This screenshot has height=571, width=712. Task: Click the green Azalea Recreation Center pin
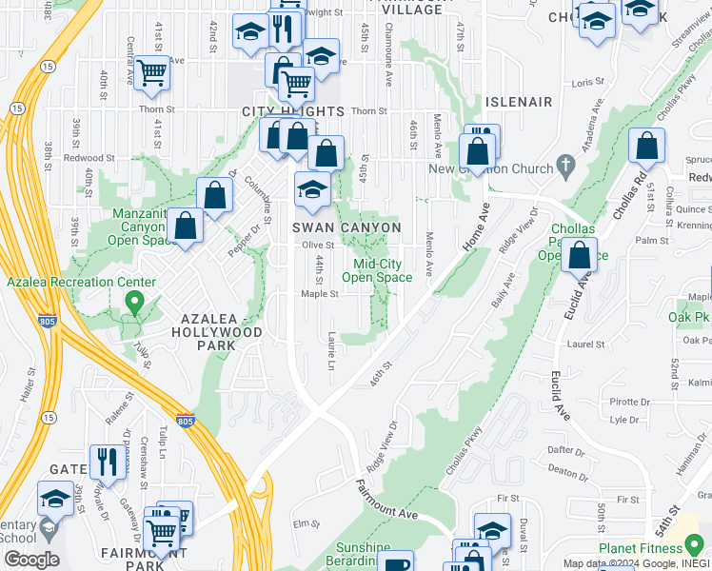(x=134, y=304)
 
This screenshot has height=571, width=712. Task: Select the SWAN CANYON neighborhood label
(x=346, y=227)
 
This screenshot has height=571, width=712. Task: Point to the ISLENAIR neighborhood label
(x=519, y=101)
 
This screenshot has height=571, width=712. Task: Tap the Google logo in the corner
(x=31, y=559)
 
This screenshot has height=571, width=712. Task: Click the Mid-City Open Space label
(x=383, y=270)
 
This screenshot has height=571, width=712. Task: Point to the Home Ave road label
(x=475, y=226)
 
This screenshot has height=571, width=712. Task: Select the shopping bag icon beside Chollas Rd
(x=646, y=147)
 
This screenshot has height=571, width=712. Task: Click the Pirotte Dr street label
(x=628, y=402)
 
